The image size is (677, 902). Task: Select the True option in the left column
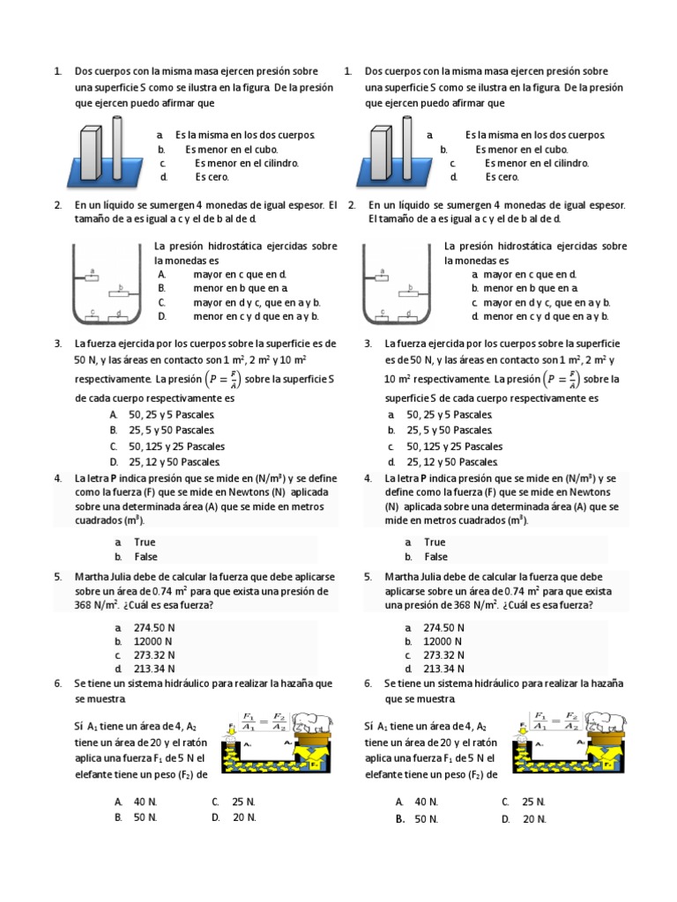tap(145, 543)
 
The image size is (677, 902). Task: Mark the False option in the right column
tap(435, 557)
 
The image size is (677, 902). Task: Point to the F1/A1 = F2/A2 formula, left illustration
tap(263, 721)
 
